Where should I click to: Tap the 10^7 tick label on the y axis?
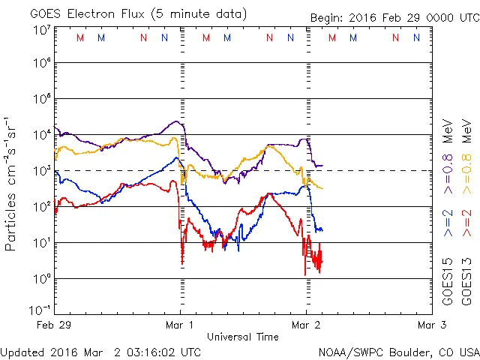click(40, 30)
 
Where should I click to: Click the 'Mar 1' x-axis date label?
click(180, 325)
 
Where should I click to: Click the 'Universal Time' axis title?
click(243, 337)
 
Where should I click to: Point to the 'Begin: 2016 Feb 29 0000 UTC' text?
click(394, 17)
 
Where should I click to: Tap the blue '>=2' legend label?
click(448, 223)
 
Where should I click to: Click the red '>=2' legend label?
click(466, 223)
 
